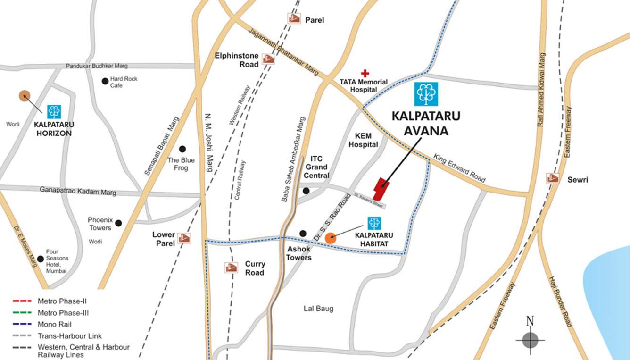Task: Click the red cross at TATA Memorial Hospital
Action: click(x=365, y=73)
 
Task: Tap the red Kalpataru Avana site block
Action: click(x=380, y=189)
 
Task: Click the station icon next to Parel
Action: click(x=294, y=18)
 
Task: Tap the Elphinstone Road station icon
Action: click(x=269, y=59)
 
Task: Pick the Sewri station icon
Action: click(x=553, y=178)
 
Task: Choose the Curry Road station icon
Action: click(x=231, y=268)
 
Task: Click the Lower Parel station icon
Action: click(x=184, y=238)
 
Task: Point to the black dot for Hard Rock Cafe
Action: click(x=105, y=81)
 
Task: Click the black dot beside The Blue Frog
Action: click(x=182, y=149)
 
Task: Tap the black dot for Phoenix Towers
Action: click(x=118, y=223)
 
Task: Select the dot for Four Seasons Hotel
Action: click(x=41, y=259)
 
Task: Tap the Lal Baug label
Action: click(x=318, y=309)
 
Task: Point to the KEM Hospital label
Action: click(x=363, y=140)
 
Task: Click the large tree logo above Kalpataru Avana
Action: click(x=426, y=94)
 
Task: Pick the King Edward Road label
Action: click(x=459, y=168)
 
